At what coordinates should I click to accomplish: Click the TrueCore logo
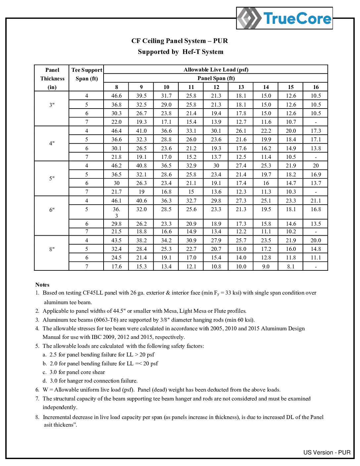point(284,18)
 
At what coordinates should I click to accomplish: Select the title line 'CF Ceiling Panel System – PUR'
point(179,41)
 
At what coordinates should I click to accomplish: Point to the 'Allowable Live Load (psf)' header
point(216,70)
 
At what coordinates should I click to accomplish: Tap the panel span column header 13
point(241,87)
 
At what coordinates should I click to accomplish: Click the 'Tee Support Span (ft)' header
point(87,74)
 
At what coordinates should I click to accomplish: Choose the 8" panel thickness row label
point(52,249)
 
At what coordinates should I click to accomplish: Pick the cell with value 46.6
point(116,96)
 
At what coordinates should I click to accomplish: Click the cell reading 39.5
point(141,96)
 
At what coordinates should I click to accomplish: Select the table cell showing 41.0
point(141,131)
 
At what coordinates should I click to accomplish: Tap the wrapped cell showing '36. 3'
point(116,212)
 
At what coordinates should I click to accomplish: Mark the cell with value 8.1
point(291,266)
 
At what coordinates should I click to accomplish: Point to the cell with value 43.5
point(116,240)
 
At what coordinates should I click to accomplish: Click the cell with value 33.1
point(191,131)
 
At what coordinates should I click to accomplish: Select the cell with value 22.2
point(266,131)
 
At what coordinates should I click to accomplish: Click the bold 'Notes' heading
point(42,285)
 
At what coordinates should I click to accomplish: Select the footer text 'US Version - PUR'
point(327,452)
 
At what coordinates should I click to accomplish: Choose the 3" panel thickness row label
point(52,105)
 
